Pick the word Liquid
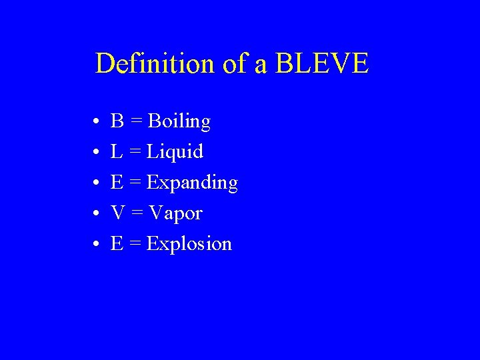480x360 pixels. click(x=175, y=153)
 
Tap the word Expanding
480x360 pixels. click(x=192, y=183)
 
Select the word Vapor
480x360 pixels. click(x=175, y=213)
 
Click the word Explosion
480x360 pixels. click(x=189, y=244)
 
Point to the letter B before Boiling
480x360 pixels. click(x=117, y=121)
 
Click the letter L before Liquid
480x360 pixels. click(x=117, y=152)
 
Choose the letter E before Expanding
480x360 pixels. click(x=117, y=183)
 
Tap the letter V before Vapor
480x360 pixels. click(x=117, y=213)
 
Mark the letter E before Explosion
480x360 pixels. click(x=117, y=244)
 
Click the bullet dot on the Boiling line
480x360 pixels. click(x=97, y=123)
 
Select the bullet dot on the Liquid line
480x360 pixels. click(x=97, y=153)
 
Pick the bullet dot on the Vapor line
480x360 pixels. click(x=97, y=214)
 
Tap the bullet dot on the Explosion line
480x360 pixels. click(x=97, y=245)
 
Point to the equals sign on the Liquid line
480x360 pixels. click(x=134, y=153)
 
